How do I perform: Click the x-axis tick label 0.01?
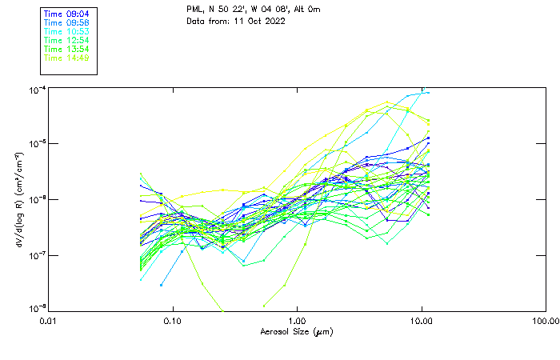point(50,321)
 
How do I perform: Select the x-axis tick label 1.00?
point(298,321)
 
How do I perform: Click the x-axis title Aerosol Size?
point(297,331)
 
